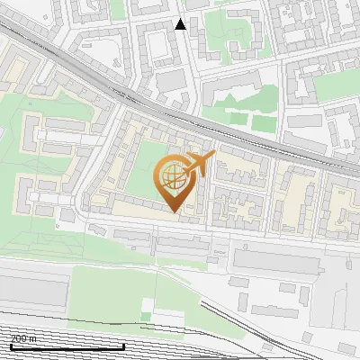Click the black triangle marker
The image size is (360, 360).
[181, 24]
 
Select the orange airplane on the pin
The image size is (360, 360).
[199, 163]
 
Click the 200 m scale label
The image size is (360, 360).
[23, 338]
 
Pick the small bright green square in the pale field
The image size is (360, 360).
[145, 318]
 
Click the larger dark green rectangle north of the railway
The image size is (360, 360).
[262, 124]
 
